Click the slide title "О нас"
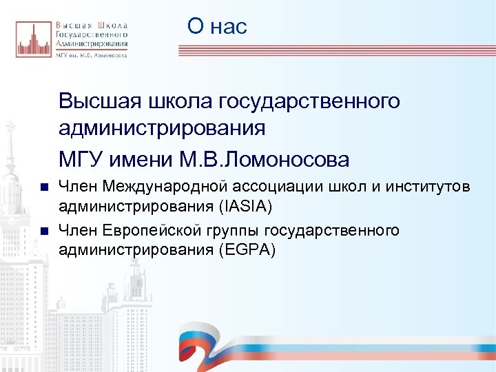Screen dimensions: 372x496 click(217, 27)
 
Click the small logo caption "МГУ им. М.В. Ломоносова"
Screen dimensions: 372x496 click(91, 56)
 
